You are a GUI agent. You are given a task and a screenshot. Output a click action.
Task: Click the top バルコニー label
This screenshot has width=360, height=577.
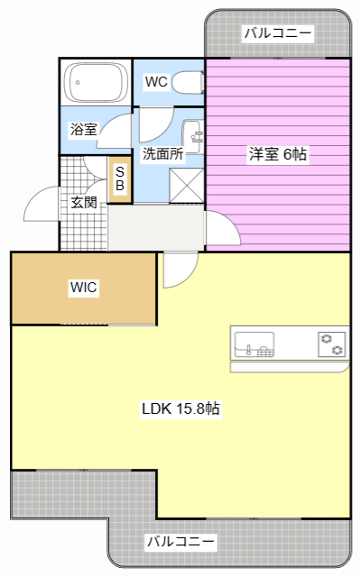click(x=278, y=33)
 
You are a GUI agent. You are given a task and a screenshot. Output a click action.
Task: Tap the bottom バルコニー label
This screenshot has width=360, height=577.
click(x=180, y=541)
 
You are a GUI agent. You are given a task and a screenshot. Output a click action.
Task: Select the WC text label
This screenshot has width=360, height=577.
click(x=156, y=82)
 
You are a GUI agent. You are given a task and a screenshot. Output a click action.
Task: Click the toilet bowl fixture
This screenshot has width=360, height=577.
click(x=188, y=82)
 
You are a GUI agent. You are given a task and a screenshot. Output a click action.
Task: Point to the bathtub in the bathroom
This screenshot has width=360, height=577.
click(x=96, y=82)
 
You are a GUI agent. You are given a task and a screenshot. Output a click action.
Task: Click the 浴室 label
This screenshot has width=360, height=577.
click(x=84, y=130)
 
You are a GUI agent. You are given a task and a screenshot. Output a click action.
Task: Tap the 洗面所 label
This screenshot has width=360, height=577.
click(x=162, y=153)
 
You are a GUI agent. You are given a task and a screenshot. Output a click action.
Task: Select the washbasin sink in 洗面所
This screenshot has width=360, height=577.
click(x=192, y=137)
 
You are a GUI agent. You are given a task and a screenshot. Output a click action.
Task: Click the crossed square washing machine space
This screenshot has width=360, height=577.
click(x=186, y=186)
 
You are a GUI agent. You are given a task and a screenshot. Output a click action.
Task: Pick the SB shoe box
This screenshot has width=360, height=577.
click(x=120, y=179)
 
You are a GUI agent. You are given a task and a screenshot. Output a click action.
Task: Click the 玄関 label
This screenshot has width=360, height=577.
click(x=84, y=202)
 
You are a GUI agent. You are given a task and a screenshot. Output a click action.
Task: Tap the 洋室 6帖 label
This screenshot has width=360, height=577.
click(x=278, y=154)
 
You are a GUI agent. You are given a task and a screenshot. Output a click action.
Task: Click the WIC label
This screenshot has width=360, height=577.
click(x=84, y=287)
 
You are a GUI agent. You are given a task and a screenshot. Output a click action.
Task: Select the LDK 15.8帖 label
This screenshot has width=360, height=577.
click(x=180, y=408)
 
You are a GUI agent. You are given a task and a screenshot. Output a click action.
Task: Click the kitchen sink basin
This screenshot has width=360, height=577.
click(x=254, y=344)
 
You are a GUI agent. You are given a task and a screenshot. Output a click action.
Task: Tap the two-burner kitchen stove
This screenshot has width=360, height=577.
click(x=332, y=344)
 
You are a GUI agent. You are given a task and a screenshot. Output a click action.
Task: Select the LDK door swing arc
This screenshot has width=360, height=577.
click(x=188, y=278)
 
